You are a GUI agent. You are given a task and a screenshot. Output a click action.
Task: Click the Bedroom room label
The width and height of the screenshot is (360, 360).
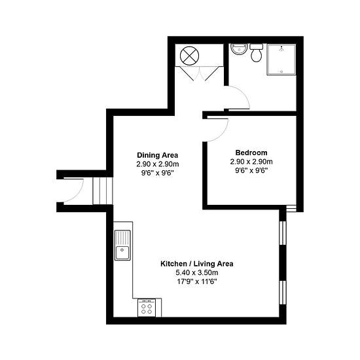(x=251, y=153)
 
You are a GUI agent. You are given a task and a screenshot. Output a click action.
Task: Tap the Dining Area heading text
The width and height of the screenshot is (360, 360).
(x=158, y=155)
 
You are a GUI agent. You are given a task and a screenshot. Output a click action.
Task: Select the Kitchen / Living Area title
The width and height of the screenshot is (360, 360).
(x=197, y=264)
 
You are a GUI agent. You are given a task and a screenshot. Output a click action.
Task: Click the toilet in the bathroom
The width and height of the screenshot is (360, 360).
(x=256, y=53)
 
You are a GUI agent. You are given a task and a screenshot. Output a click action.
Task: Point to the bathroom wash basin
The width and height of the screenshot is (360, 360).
(x=239, y=49)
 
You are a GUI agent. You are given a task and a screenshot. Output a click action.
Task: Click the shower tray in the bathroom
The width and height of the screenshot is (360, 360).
(x=281, y=60)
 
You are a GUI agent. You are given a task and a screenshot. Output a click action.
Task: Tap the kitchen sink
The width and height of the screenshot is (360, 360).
(x=122, y=245)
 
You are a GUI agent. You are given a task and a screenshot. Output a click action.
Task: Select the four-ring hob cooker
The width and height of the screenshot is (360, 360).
(x=147, y=308)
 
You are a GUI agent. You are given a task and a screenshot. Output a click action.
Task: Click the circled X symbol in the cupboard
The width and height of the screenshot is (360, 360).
(x=189, y=56)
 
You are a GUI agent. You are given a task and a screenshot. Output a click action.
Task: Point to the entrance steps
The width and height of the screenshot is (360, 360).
(x=103, y=190)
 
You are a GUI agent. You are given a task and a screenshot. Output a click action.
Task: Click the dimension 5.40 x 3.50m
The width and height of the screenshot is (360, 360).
(x=197, y=273)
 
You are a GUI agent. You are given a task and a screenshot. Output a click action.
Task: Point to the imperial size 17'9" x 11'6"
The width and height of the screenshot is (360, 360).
(x=197, y=281)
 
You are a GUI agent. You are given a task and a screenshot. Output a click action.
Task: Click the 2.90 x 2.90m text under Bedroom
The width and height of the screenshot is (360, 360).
(x=251, y=162)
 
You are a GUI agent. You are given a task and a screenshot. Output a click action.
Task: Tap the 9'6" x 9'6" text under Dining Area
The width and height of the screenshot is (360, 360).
(x=158, y=173)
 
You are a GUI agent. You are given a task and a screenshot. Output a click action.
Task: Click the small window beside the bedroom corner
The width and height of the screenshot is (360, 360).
(x=291, y=208)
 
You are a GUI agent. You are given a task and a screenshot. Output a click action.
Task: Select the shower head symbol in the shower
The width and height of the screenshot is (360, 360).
(x=281, y=48)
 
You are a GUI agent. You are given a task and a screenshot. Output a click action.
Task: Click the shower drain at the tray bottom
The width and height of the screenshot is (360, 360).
(x=281, y=71)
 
